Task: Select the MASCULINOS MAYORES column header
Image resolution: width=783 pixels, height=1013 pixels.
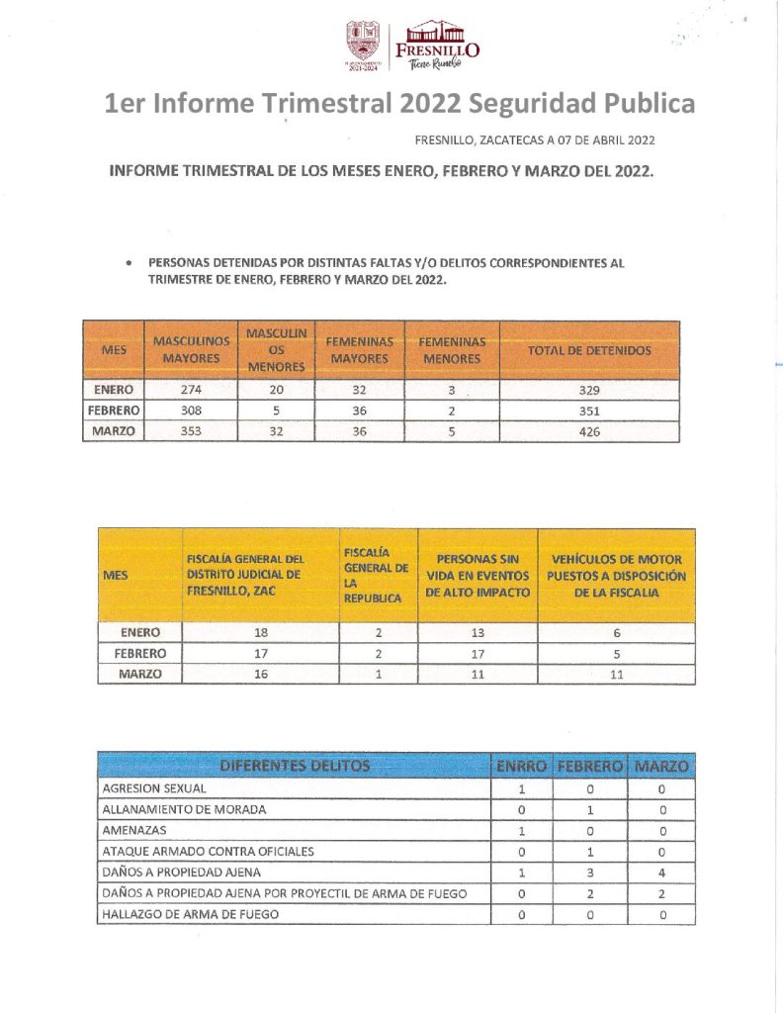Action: click(192, 349)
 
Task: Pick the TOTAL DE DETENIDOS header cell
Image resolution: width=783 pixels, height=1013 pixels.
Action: click(589, 350)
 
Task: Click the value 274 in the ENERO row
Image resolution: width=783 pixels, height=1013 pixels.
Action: click(192, 390)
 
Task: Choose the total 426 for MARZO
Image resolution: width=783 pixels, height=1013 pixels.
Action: click(589, 431)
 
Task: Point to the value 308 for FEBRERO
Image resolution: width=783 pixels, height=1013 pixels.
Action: click(192, 411)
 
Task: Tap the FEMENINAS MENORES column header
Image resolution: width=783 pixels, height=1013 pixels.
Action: click(452, 350)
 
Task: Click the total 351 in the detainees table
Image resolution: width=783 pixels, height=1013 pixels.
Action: click(589, 411)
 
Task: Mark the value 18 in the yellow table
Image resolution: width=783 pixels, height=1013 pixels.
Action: click(261, 632)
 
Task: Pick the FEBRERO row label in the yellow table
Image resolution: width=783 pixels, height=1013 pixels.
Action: click(139, 653)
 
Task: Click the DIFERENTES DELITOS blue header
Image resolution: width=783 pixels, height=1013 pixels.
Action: click(295, 766)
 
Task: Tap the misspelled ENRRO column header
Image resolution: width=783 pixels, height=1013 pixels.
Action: click(520, 766)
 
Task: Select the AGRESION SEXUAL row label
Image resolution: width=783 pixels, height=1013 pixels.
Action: click(154, 789)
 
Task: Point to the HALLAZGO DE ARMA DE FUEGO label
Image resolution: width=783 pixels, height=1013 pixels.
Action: click(190, 914)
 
